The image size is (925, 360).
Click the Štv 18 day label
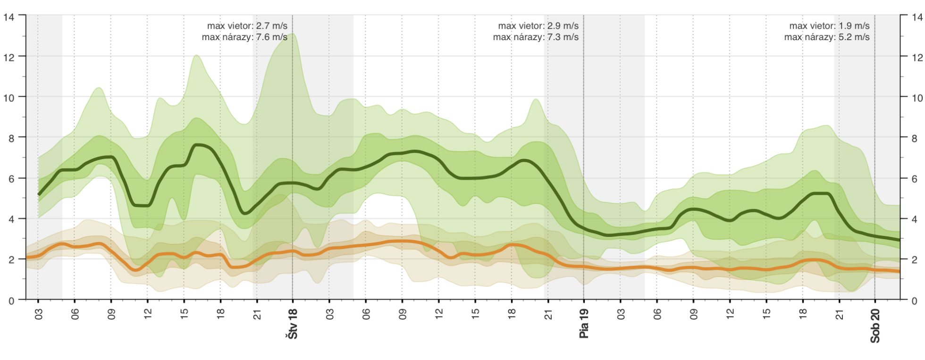tap(293, 324)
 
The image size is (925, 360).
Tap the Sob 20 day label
tap(875, 326)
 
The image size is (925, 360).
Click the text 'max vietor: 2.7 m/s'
tap(247, 26)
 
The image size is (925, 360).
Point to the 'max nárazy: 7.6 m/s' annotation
tap(244, 37)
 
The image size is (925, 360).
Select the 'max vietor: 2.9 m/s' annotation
tap(538, 26)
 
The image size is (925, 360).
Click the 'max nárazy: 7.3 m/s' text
tap(536, 37)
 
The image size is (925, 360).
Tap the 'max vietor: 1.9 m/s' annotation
tap(829, 26)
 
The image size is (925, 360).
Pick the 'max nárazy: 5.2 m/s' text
tap(827, 37)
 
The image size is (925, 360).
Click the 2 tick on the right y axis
tap(915, 260)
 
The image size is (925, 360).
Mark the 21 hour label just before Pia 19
tap(548, 314)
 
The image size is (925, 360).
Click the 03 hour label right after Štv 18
tap(329, 314)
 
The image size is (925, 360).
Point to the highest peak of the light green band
tap(293, 33)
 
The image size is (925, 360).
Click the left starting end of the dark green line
tap(39, 194)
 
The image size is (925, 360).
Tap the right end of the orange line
tap(899, 271)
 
